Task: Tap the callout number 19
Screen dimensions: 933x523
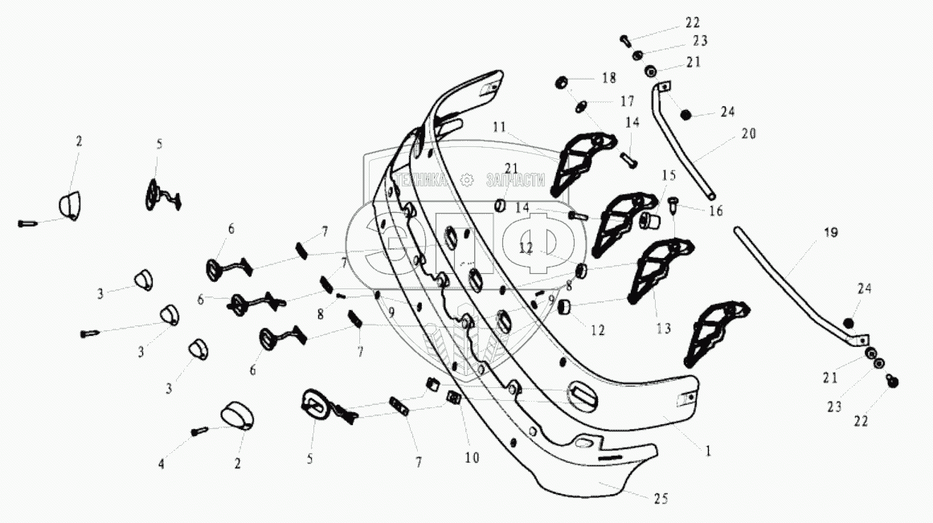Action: pos(830,233)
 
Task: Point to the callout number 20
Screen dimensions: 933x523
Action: pos(748,134)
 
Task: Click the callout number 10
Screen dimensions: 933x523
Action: pos(471,458)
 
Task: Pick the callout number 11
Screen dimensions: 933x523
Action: pos(498,128)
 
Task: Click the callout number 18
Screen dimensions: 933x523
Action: pos(609,78)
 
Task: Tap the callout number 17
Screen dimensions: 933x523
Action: pos(626,101)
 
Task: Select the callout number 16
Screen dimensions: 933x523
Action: pos(715,211)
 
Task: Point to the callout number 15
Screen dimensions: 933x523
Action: pos(669,174)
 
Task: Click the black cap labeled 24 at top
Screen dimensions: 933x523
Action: pos(689,115)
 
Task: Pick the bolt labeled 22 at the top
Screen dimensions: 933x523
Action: pos(626,39)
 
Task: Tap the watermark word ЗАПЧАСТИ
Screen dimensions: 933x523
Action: pos(515,181)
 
